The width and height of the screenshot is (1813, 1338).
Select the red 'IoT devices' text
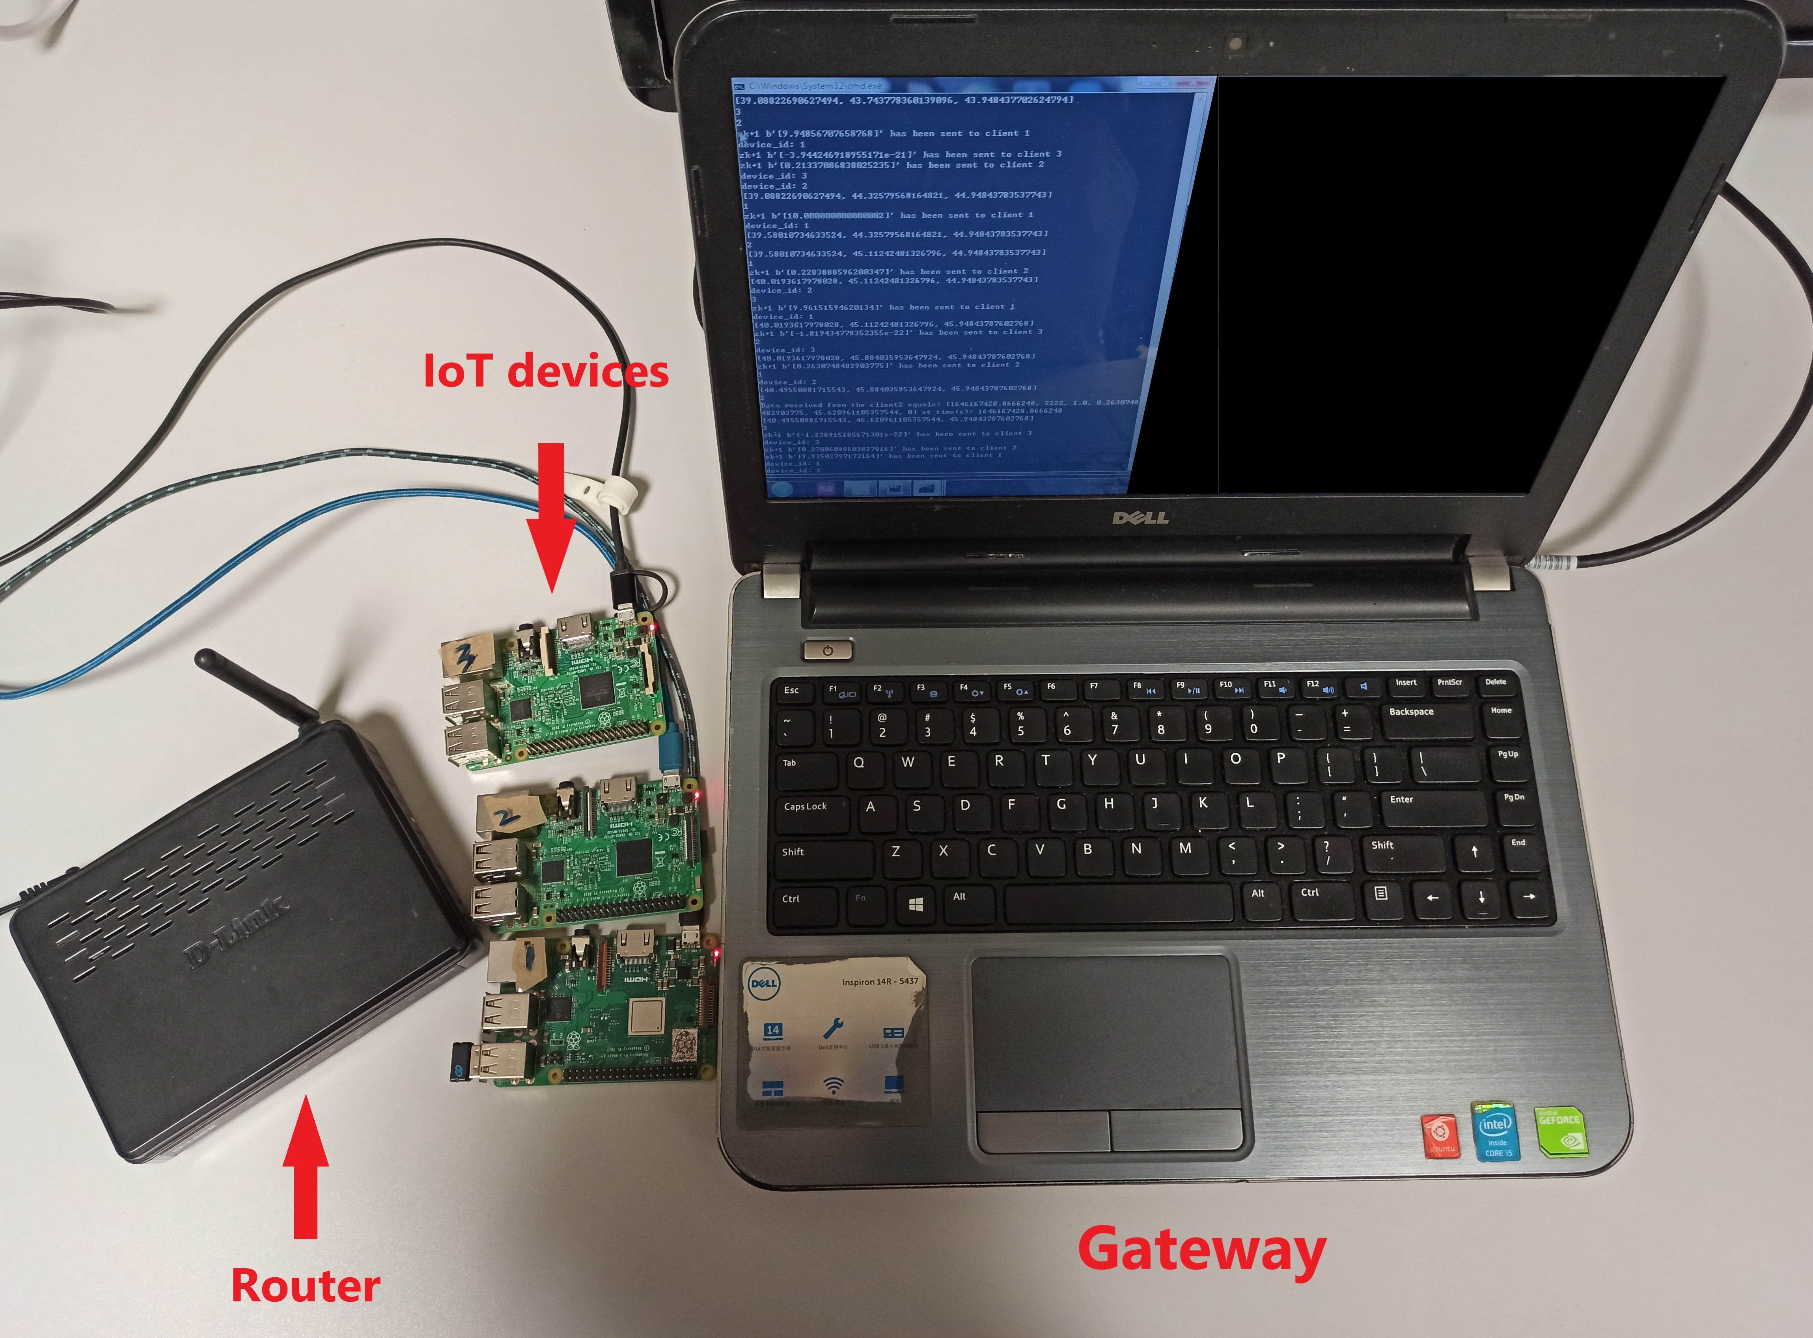tap(546, 371)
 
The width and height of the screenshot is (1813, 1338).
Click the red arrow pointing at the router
tap(306, 1166)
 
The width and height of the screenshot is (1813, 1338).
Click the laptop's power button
tap(827, 650)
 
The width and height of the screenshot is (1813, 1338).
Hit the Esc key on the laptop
tap(791, 691)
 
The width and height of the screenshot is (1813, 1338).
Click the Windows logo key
tap(916, 904)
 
